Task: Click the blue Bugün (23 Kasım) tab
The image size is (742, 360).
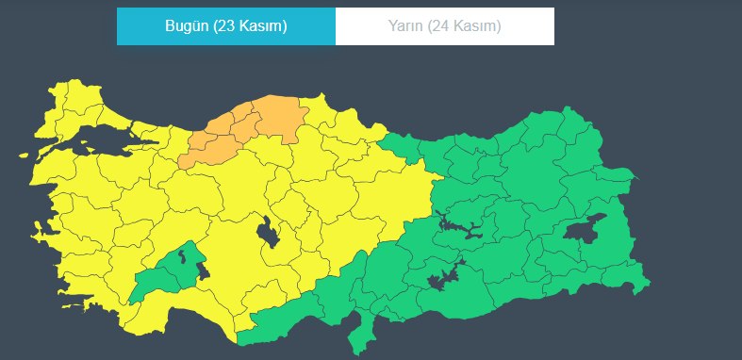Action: click(225, 25)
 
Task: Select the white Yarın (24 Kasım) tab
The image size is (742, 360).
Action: click(444, 25)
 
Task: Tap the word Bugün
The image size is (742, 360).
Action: click(185, 25)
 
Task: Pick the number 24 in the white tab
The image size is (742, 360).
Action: click(442, 25)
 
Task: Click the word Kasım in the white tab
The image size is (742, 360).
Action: click(475, 25)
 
